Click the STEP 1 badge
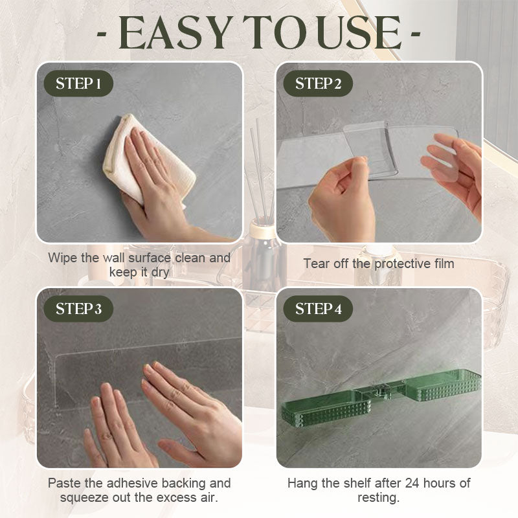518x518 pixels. point(78,84)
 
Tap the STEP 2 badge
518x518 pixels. point(318,84)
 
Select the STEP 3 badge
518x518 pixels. point(78,309)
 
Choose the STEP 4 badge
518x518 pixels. point(318,309)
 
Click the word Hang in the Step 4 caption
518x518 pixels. point(302,483)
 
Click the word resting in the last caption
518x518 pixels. point(378,497)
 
